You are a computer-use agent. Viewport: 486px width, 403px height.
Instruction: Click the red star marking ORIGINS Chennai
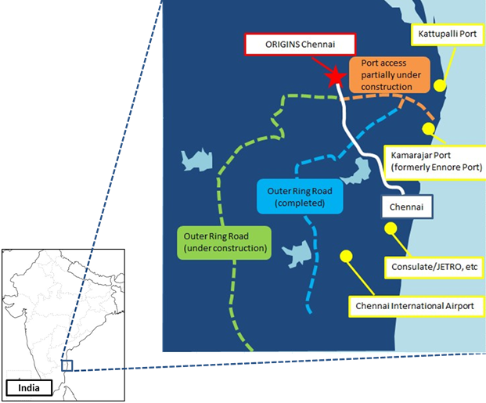[x=335, y=77]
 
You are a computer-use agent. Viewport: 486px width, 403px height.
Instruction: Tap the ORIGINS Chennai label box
[x=300, y=45]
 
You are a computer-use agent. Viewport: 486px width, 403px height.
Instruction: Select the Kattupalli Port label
[x=447, y=34]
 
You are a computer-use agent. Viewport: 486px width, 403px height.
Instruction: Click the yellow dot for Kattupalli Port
[x=440, y=85]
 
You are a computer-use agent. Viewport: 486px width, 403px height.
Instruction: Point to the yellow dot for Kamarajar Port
[x=428, y=128]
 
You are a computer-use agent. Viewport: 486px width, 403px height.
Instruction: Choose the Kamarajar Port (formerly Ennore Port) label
[x=435, y=161]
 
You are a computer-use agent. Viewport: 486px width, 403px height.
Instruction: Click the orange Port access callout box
[x=390, y=75]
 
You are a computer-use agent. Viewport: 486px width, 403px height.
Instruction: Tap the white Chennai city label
[x=406, y=207]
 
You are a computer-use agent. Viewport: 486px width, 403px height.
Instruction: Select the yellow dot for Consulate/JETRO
[x=391, y=228]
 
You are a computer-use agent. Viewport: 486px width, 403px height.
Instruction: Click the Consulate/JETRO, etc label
[x=434, y=267]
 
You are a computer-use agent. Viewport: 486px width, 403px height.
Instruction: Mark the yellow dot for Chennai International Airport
[x=346, y=256]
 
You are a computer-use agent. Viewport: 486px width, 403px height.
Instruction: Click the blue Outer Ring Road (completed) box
[x=300, y=196]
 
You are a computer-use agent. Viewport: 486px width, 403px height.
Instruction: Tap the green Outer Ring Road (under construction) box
[x=224, y=243]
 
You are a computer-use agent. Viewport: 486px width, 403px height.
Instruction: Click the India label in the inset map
[x=29, y=388]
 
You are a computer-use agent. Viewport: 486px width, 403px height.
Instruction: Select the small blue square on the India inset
[x=67, y=365]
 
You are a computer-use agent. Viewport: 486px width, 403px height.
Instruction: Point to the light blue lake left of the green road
[x=197, y=160]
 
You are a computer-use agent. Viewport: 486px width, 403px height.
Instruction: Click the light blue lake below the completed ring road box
[x=297, y=254]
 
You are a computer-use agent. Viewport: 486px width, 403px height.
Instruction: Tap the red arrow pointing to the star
[x=322, y=66]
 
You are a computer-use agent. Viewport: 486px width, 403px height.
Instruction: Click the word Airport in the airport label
[x=459, y=306]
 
